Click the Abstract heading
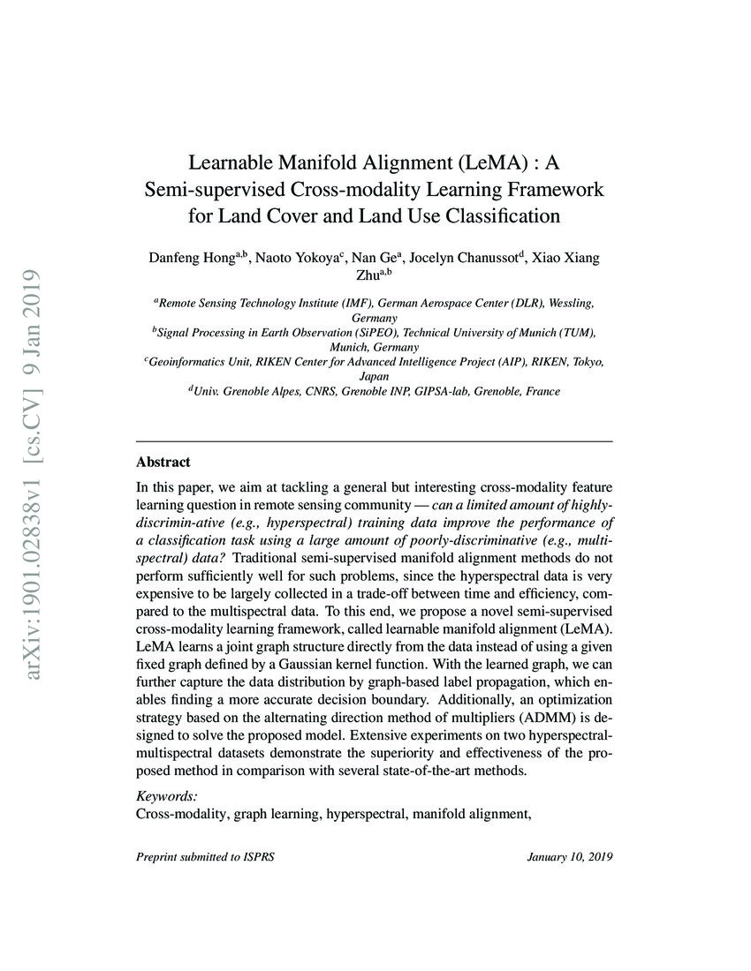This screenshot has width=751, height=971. pyautogui.click(x=163, y=462)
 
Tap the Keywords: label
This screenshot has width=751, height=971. pyautogui.click(x=167, y=794)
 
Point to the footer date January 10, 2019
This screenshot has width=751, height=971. pyautogui.click(x=569, y=856)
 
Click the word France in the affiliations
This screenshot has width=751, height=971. pyautogui.click(x=542, y=390)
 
